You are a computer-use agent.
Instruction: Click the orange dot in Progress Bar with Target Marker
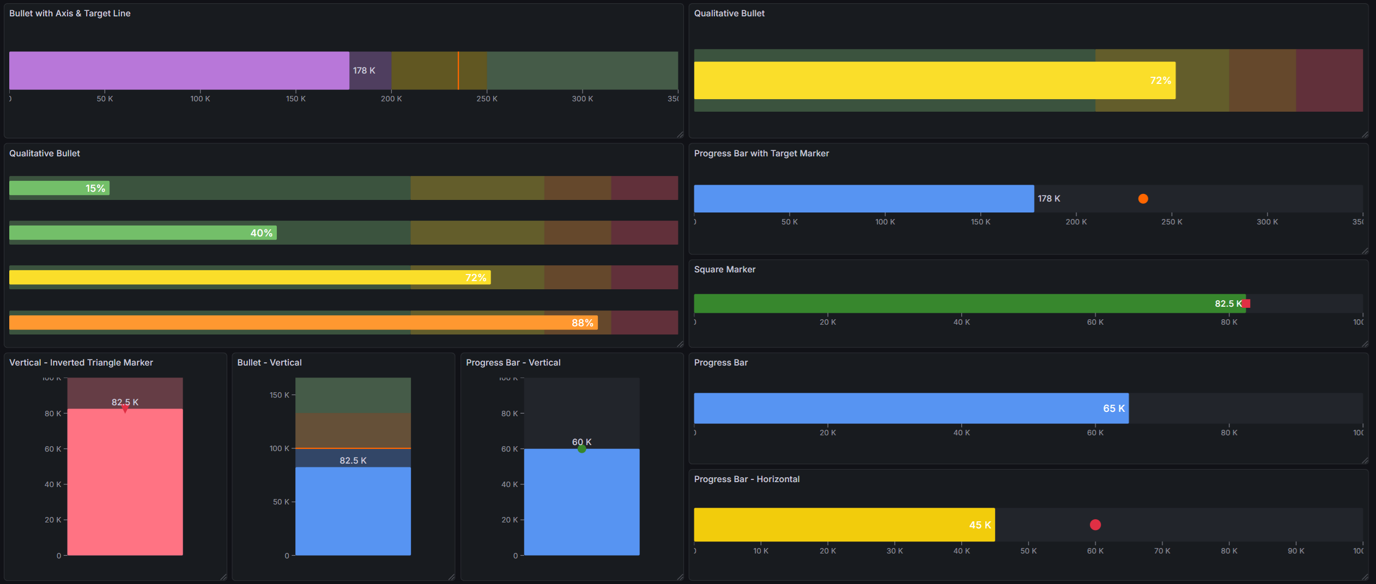(1143, 199)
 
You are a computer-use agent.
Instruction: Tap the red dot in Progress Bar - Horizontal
(1095, 525)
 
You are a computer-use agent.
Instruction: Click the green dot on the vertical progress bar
(581, 449)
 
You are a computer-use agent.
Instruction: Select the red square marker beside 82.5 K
(1246, 303)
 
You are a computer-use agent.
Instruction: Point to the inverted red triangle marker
(125, 409)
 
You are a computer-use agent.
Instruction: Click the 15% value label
(95, 188)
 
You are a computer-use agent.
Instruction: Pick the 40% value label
(261, 233)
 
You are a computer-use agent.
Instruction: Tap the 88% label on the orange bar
(582, 323)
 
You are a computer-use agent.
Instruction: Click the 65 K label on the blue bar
(1113, 409)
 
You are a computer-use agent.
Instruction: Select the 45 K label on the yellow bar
(980, 525)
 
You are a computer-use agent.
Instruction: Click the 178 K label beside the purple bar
(364, 71)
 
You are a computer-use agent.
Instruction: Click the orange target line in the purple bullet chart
(458, 71)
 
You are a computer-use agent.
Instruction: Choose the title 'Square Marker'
(724, 270)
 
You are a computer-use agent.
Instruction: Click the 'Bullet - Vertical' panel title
(269, 363)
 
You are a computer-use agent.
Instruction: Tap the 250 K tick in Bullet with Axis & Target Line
(487, 99)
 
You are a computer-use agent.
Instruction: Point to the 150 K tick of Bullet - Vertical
(279, 395)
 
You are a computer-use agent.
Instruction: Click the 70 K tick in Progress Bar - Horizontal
(1162, 551)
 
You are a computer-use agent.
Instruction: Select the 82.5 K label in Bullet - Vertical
(353, 461)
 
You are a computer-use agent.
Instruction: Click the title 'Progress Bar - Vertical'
(513, 363)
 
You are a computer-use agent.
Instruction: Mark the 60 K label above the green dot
(581, 442)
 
